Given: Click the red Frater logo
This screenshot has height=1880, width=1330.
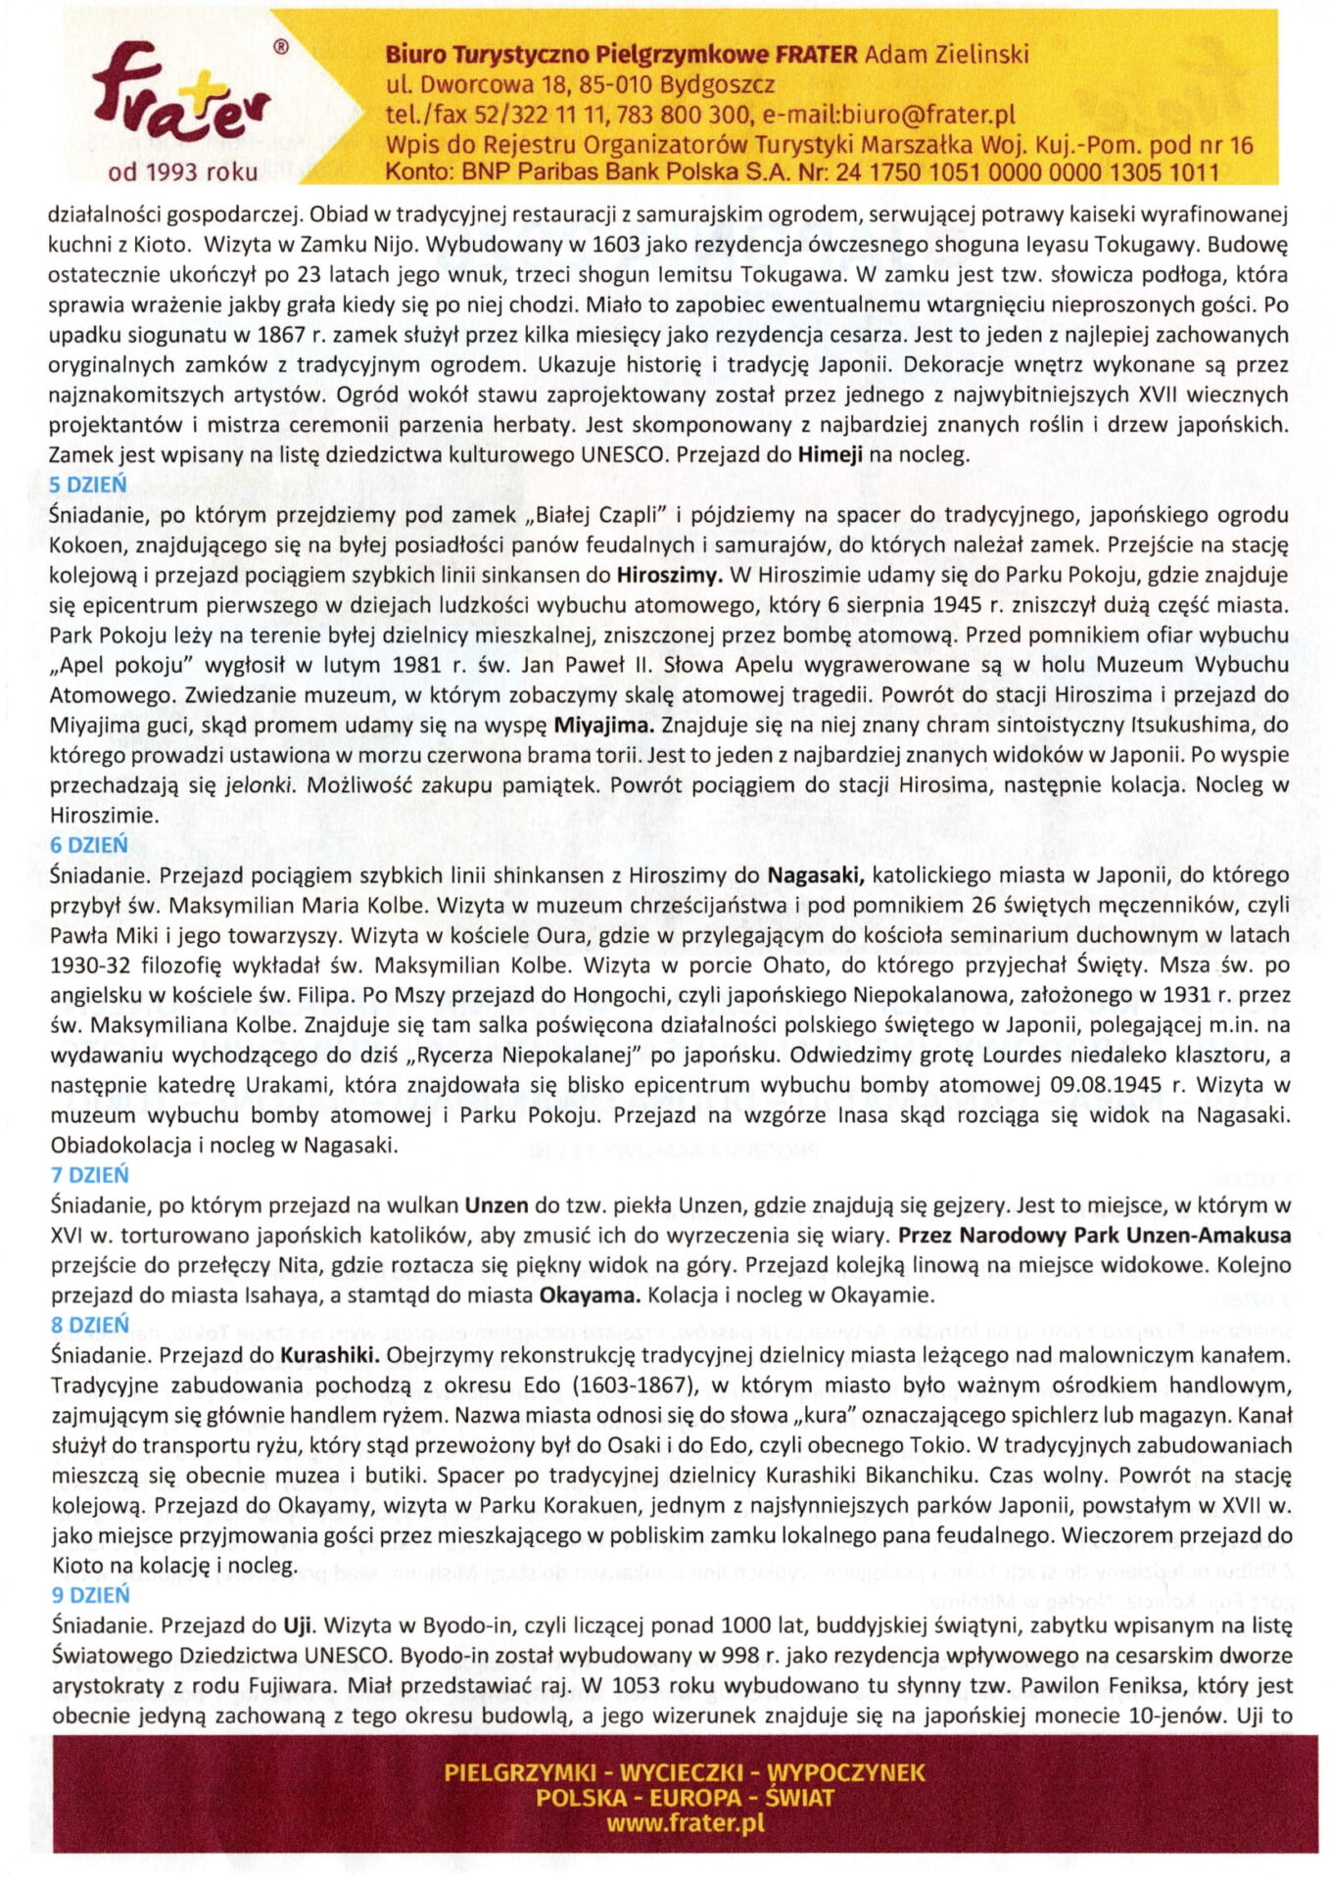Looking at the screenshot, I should click(181, 98).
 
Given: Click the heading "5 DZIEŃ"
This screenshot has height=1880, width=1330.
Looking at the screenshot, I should click(87, 485).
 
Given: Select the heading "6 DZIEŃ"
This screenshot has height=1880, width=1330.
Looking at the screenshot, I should click(88, 845).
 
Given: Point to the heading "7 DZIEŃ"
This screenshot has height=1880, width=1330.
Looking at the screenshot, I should click(89, 1175).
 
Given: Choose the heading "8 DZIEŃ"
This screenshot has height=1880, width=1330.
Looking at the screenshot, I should click(89, 1325).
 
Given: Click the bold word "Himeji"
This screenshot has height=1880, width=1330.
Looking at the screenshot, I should click(830, 454).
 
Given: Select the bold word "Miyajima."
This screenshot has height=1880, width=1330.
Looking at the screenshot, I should click(604, 726).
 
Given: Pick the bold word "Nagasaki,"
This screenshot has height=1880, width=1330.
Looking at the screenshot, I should click(815, 875).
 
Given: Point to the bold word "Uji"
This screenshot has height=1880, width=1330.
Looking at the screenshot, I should click(297, 1625).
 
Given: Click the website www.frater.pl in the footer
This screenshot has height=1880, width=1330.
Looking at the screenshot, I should click(685, 1823).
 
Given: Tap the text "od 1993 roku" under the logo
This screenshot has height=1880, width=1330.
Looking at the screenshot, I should click(183, 172).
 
